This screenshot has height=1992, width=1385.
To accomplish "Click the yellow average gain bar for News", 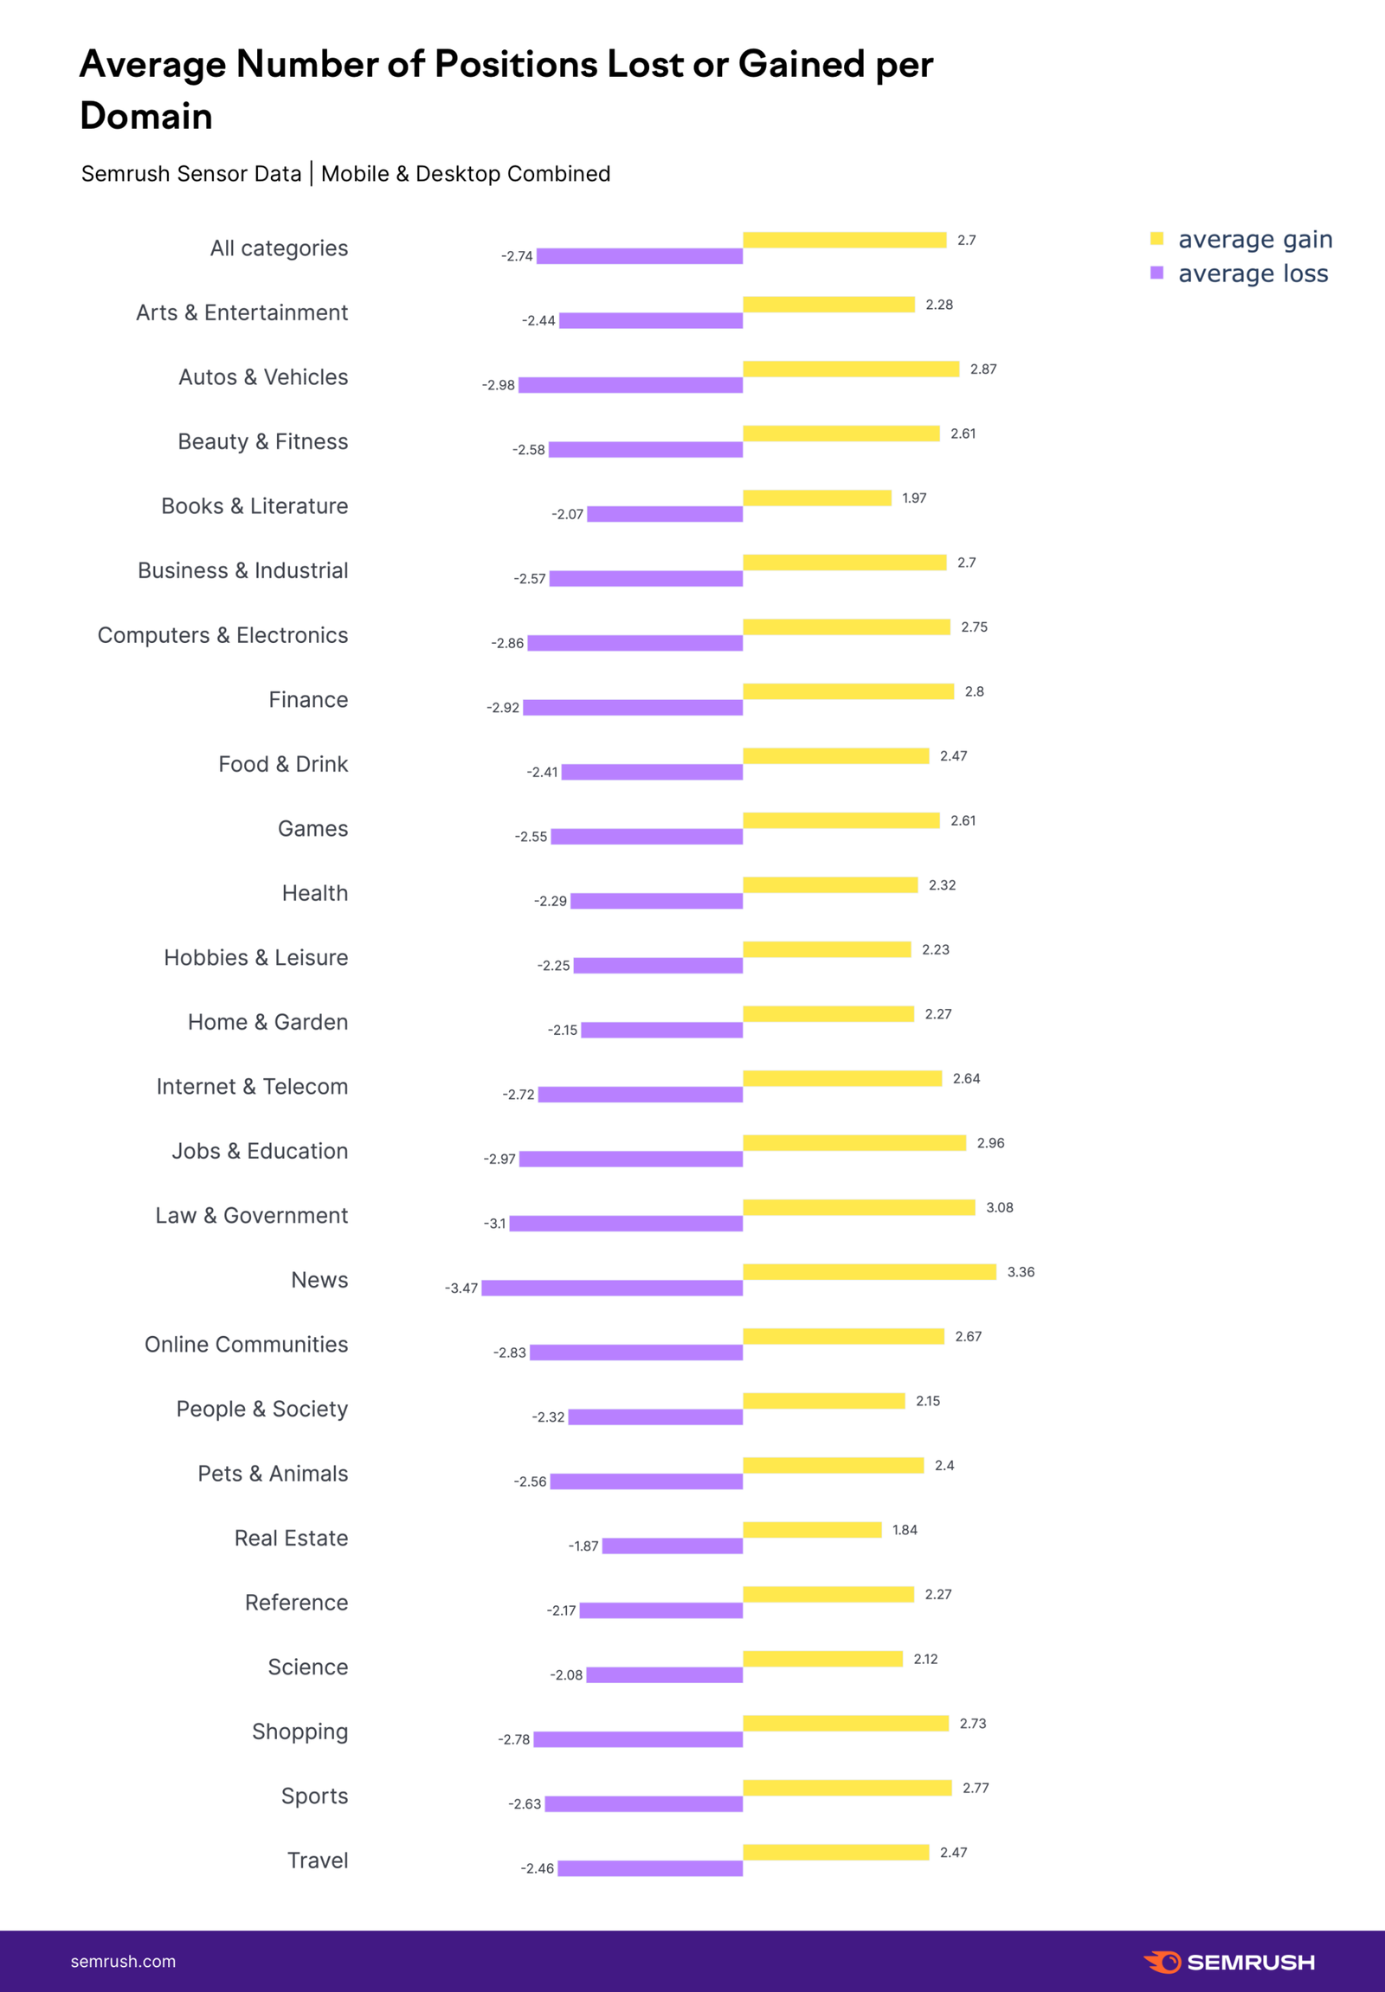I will [x=869, y=1272].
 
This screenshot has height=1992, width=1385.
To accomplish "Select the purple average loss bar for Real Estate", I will [x=673, y=1546].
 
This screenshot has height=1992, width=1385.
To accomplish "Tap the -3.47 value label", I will [x=461, y=1288].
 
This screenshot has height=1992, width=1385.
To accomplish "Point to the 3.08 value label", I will [x=999, y=1208].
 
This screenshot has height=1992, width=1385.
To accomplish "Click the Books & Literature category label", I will [x=254, y=506].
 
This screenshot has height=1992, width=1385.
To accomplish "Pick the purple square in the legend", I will [x=1156, y=273].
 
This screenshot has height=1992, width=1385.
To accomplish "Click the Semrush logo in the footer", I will [x=1229, y=1963].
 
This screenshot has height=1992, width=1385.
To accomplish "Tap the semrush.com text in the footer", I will [x=123, y=1962].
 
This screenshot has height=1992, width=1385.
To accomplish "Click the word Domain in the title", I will [x=146, y=116].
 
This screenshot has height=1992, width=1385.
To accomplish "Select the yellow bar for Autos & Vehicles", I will [x=850, y=369].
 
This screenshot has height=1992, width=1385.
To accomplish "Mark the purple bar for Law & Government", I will [x=626, y=1224].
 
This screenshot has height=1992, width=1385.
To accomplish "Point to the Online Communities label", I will [x=247, y=1345].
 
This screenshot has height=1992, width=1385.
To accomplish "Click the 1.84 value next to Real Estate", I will [x=905, y=1530].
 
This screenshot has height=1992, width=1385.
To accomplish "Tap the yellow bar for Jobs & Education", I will [x=854, y=1142].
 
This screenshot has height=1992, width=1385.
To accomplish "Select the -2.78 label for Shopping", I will [x=513, y=1739].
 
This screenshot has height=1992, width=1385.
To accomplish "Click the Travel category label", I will [x=318, y=1860].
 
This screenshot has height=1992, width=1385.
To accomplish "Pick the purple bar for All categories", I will [x=640, y=256].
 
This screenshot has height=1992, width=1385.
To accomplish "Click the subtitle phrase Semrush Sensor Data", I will [x=191, y=175].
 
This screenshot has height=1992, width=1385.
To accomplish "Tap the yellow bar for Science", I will [x=822, y=1659].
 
